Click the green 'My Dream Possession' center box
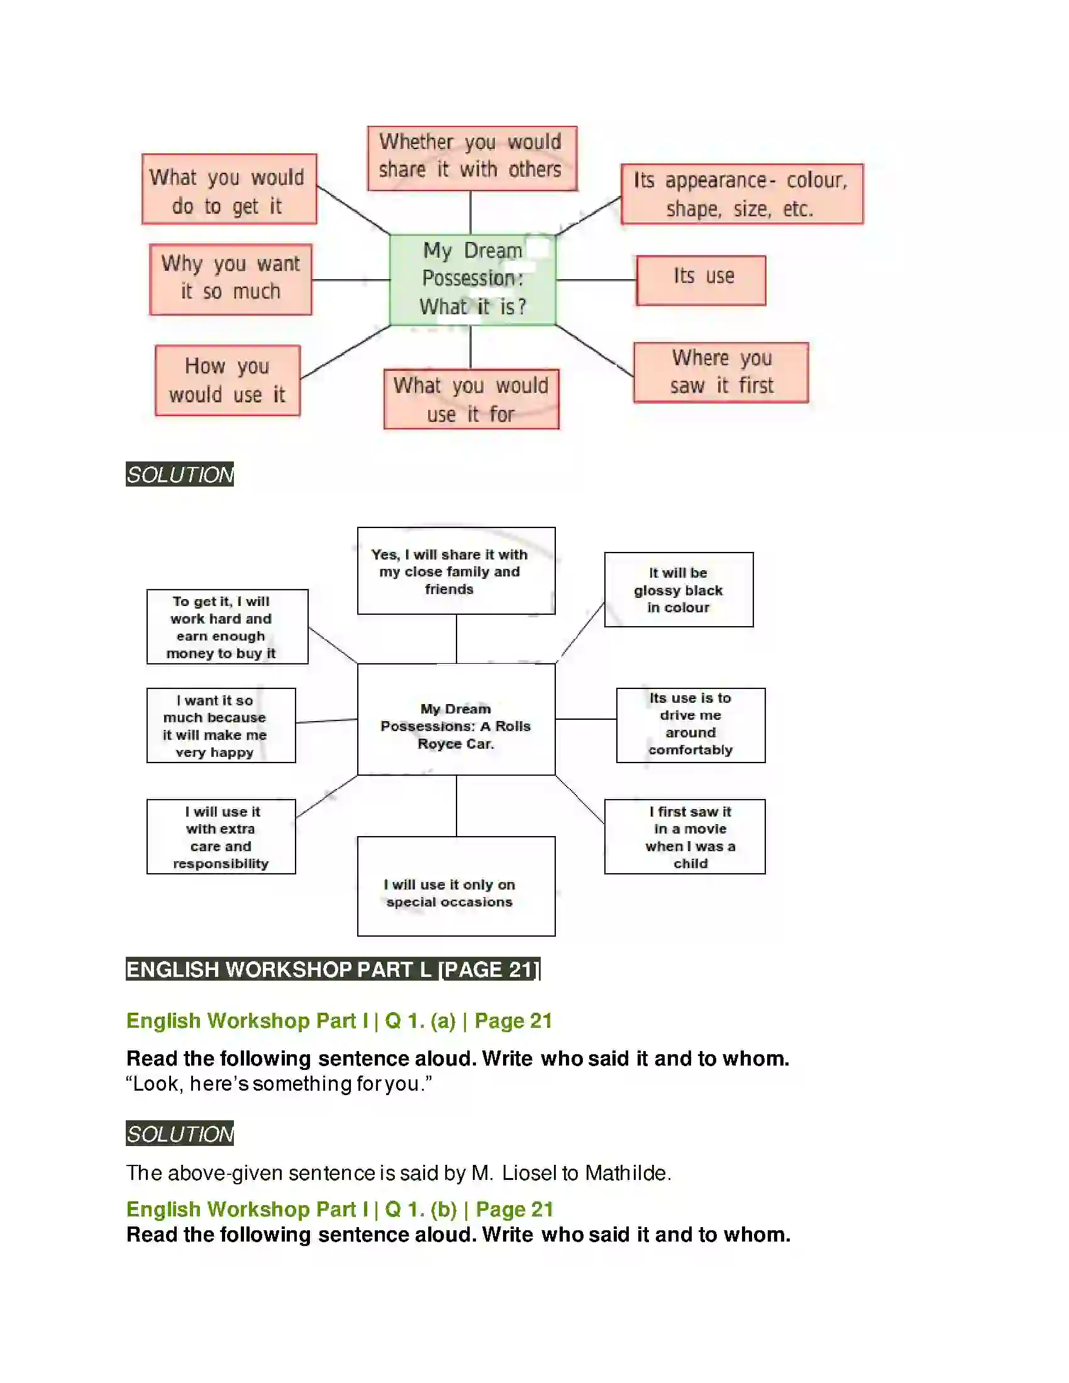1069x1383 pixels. click(472, 279)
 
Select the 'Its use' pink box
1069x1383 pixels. click(701, 280)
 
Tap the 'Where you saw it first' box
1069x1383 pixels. click(721, 372)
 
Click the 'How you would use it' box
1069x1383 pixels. click(228, 380)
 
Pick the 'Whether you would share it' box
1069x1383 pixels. click(472, 158)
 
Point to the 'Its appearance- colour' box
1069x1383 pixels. click(741, 194)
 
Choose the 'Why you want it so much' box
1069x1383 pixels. click(231, 278)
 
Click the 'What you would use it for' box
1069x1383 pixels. click(471, 399)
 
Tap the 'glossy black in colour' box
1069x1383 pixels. click(679, 590)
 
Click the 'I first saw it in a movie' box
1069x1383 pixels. click(684, 837)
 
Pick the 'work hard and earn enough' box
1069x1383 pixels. click(228, 626)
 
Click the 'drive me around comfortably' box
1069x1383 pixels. click(690, 725)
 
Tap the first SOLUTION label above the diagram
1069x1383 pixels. click(180, 474)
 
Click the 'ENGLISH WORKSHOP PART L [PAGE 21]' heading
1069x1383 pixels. click(333, 969)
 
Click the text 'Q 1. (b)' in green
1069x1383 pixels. click(421, 1209)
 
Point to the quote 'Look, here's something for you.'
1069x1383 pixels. click(279, 1084)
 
